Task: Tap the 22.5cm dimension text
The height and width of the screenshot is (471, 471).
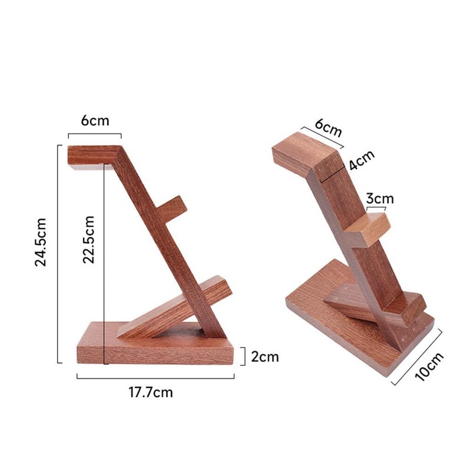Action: [88, 239]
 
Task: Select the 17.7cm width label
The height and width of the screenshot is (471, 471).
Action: [151, 392]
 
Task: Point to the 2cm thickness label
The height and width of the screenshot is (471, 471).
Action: [264, 356]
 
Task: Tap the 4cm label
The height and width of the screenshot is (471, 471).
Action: [361, 160]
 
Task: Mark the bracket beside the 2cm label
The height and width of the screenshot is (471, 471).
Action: [243, 356]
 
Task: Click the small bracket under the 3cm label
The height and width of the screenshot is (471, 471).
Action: [376, 208]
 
